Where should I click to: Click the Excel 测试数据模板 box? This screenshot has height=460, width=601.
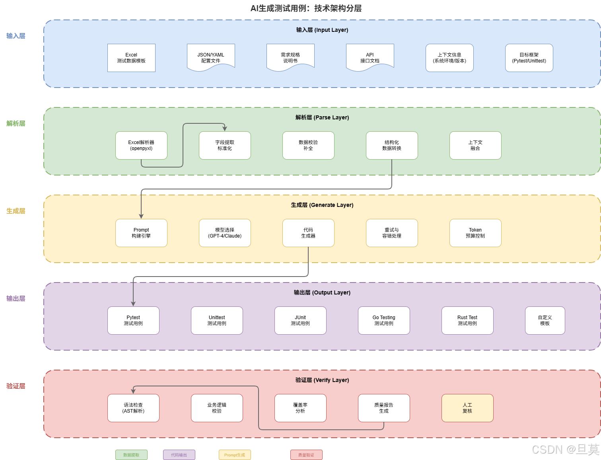(x=131, y=58)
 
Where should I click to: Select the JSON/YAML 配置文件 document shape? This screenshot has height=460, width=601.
(x=211, y=58)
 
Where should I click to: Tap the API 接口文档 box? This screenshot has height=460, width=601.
(x=370, y=58)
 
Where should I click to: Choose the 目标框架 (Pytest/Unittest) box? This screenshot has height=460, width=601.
(x=529, y=58)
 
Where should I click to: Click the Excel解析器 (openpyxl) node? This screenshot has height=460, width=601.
(x=141, y=145)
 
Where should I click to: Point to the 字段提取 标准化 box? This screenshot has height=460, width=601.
(x=225, y=145)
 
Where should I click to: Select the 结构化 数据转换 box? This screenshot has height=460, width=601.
(x=392, y=145)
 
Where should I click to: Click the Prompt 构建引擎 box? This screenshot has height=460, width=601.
(x=141, y=233)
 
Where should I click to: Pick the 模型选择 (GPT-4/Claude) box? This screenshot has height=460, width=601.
(x=225, y=233)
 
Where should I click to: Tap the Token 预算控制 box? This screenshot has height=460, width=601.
(x=475, y=233)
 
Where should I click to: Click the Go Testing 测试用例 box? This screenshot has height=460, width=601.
(x=384, y=320)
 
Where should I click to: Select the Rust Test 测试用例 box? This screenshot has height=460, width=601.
(x=467, y=320)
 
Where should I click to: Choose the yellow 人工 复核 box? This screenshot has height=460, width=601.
(x=467, y=408)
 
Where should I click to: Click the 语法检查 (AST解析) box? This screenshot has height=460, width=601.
(x=133, y=408)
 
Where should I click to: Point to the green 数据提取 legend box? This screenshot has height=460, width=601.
(x=131, y=455)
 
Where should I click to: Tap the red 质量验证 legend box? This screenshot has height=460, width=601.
(x=306, y=455)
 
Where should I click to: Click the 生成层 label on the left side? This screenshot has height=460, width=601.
(x=16, y=211)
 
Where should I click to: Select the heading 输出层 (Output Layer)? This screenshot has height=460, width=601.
(x=322, y=292)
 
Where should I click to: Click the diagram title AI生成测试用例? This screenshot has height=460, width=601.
(x=306, y=8)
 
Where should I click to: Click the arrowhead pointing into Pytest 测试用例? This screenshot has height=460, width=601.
(x=133, y=304)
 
